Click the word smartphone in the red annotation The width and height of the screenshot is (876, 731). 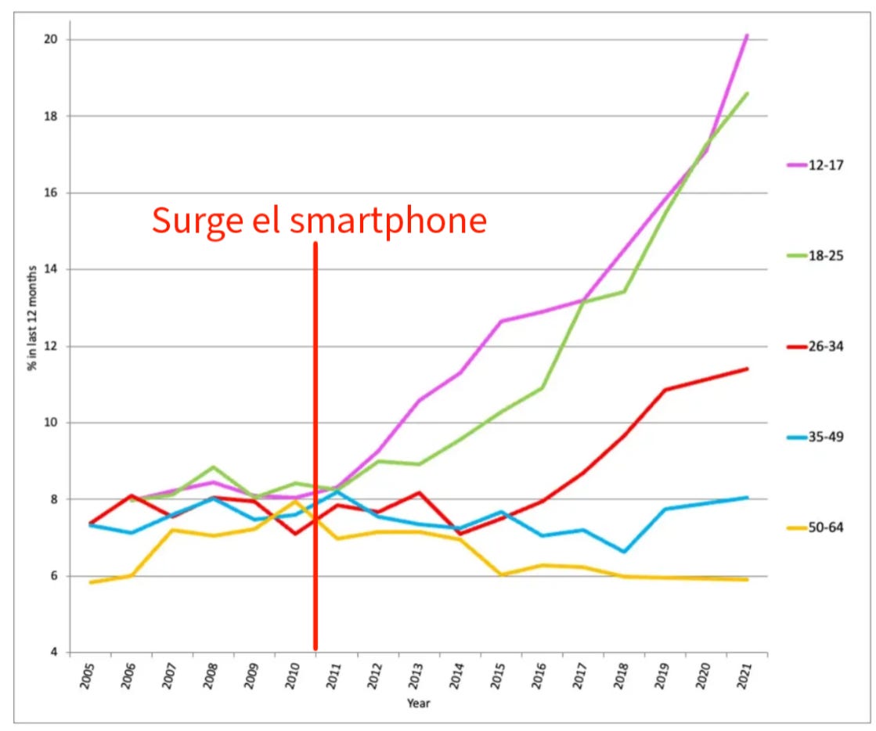coord(388,221)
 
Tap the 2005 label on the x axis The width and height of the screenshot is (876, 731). coord(88,675)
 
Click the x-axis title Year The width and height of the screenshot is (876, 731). coord(418,703)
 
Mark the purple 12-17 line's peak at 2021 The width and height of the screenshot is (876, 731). coord(748,35)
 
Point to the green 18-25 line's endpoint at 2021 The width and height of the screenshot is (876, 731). coord(748,93)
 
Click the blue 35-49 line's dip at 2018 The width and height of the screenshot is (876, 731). coord(624,552)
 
